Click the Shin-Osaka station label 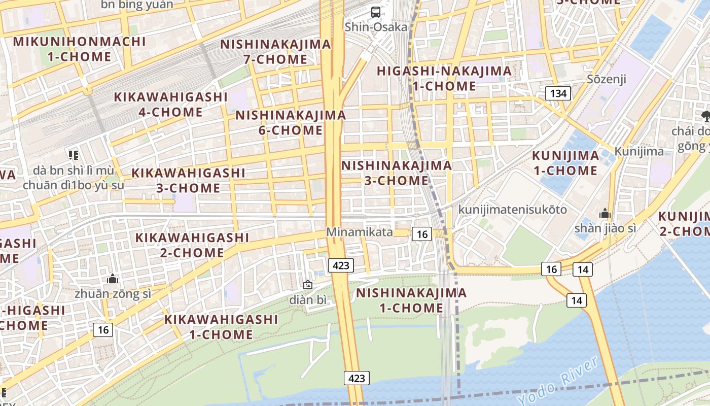point(376,27)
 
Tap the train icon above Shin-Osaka point(376,12)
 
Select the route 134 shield point(558,93)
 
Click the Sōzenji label point(607,79)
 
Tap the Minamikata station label point(359,232)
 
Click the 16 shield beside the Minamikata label point(422,234)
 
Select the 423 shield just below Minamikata point(340,265)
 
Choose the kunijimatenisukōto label point(512,210)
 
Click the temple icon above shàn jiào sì point(605,214)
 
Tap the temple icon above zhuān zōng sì point(113,279)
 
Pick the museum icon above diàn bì point(307,285)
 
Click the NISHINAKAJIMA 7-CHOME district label point(275,52)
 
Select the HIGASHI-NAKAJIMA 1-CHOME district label point(444,79)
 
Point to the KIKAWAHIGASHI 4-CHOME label point(170,105)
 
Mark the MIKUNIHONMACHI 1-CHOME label point(79,49)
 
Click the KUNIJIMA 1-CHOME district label point(565,163)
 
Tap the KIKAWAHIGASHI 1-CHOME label point(221,327)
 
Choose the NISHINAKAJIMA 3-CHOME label point(396,173)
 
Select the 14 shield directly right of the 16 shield point(583,269)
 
